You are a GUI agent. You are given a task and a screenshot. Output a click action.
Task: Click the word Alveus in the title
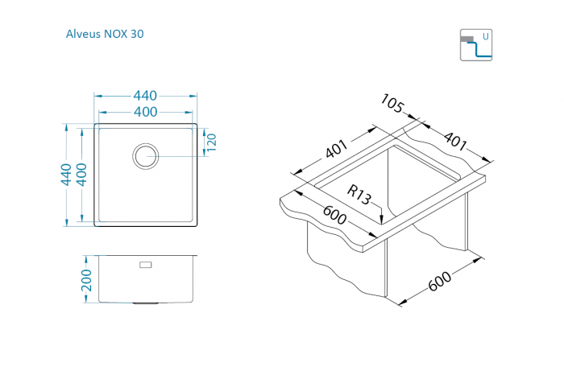point(83,35)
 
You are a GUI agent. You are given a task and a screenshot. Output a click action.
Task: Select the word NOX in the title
point(117,35)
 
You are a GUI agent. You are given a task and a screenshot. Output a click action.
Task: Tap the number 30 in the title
point(139,35)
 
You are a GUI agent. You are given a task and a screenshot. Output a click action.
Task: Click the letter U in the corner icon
point(485,36)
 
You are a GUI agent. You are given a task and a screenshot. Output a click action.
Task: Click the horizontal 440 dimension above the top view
point(146,96)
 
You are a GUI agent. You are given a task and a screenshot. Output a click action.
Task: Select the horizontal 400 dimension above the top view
point(146,111)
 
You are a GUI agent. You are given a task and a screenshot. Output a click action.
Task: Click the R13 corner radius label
point(359,193)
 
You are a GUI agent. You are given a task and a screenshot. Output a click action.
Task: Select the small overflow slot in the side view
point(146,264)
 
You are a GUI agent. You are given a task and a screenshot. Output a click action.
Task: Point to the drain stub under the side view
point(146,304)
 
